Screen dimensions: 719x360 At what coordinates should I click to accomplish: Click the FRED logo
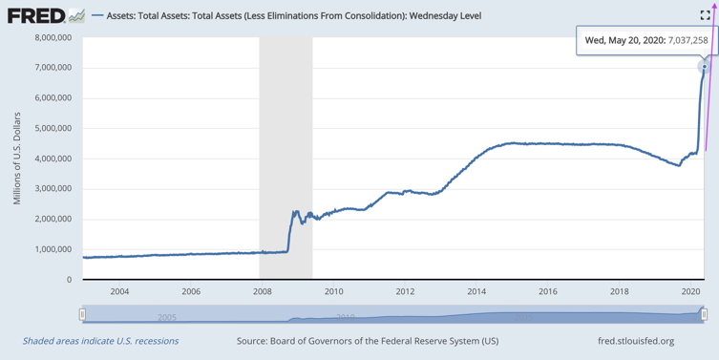point(46,15)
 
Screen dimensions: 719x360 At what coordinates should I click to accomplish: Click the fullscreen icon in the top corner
point(706,15)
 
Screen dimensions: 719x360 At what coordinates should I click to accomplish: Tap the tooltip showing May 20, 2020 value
point(646,40)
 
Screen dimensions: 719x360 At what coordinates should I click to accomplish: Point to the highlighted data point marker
point(705,67)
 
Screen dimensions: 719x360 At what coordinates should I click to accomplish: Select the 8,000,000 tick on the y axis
point(53,37)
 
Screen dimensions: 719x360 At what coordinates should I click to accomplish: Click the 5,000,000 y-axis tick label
point(53,128)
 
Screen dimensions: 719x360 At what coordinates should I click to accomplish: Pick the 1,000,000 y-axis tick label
point(53,249)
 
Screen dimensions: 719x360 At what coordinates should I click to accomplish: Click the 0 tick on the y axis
point(70,280)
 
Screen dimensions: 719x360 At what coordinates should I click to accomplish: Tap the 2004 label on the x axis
point(119,291)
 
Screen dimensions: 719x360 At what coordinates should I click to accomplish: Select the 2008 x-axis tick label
point(263,291)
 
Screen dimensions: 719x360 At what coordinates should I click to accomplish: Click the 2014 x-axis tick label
point(476,291)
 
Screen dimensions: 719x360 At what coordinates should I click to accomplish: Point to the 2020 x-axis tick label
point(690,291)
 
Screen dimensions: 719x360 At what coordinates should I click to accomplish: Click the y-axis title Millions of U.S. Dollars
point(17,159)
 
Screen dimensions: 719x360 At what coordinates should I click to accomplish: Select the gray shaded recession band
point(285,159)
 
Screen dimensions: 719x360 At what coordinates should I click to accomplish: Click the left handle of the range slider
point(82,314)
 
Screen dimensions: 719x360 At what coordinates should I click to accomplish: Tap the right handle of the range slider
point(704,314)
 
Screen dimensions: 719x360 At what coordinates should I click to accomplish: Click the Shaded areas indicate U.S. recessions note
point(100,341)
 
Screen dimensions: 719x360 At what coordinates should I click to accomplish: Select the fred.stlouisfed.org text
point(636,341)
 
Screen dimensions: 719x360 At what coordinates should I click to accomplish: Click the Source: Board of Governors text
point(368,341)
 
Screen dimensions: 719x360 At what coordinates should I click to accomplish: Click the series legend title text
point(294,16)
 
